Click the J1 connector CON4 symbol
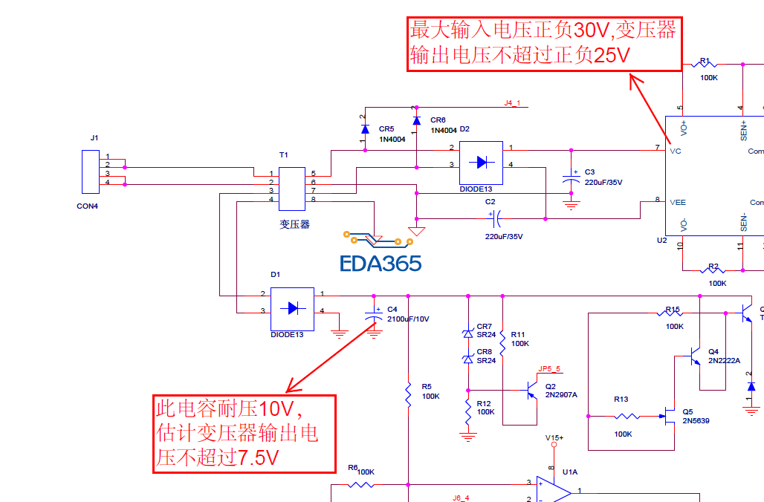tap(90, 170)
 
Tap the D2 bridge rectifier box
tap(480, 163)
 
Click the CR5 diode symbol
tap(365, 129)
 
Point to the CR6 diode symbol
tap(416, 120)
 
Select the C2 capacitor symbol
tap(497, 219)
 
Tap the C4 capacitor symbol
tap(374, 318)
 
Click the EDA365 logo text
tap(381, 263)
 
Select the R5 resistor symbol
tap(408, 394)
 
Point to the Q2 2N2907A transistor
tap(531, 391)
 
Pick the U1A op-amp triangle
tap(554, 490)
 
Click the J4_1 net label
tap(513, 102)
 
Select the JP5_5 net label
tap(549, 368)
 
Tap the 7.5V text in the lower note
tap(258, 457)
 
